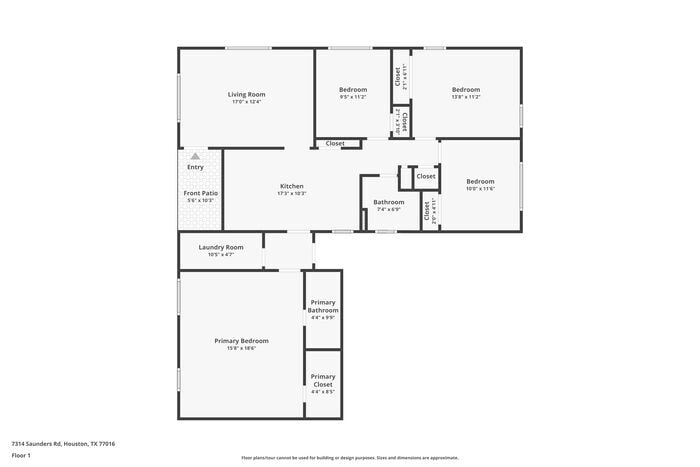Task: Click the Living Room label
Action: point(247,94)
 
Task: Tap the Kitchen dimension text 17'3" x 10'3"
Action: point(292,193)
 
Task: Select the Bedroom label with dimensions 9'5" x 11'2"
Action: point(353,90)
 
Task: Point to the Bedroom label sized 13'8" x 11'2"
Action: point(466,90)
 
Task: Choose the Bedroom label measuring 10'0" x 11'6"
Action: point(480,181)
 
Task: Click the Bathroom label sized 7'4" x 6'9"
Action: point(389,202)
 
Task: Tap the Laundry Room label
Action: point(221,247)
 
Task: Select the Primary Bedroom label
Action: point(241,341)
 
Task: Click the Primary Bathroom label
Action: point(323,306)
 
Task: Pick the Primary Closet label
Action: point(323,380)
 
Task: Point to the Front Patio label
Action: point(200,193)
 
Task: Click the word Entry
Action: point(195,167)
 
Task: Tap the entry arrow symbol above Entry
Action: point(195,156)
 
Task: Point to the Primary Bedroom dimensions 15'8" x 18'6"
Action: point(241,348)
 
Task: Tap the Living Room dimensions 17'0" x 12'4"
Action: point(247,101)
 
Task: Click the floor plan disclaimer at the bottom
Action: point(350,456)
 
